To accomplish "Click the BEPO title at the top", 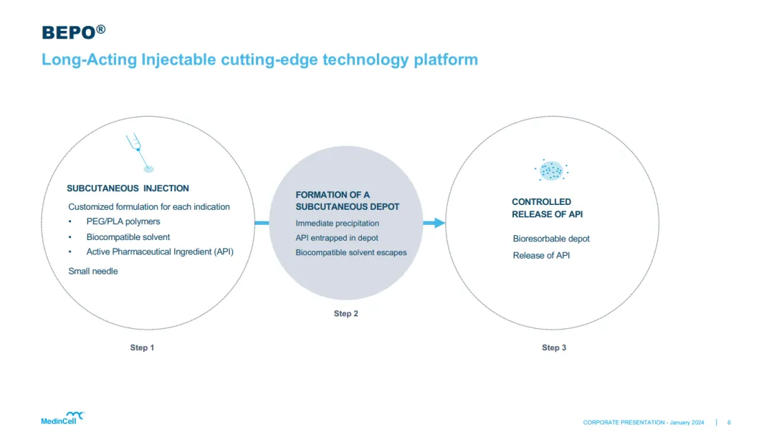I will point(73,32).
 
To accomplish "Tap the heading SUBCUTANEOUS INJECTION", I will point(128,188).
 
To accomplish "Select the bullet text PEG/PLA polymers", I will point(123,221).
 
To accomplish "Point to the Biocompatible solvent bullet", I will point(128,236).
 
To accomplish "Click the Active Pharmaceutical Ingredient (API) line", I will point(160,251).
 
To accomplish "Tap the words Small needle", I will point(93,271).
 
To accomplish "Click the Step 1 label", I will point(142,347).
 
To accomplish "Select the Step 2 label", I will point(346,314).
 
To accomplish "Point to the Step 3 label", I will point(554,347).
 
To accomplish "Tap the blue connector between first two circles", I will point(262,223).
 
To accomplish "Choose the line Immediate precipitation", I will point(338,224).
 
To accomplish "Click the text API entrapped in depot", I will point(337,238).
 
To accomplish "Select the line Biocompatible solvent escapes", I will point(351,252).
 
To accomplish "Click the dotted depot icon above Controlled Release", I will point(551,171).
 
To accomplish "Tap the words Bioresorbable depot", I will point(551,239).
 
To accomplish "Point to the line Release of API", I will point(541,256).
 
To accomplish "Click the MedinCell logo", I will point(62,418).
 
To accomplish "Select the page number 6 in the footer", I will point(729,423).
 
